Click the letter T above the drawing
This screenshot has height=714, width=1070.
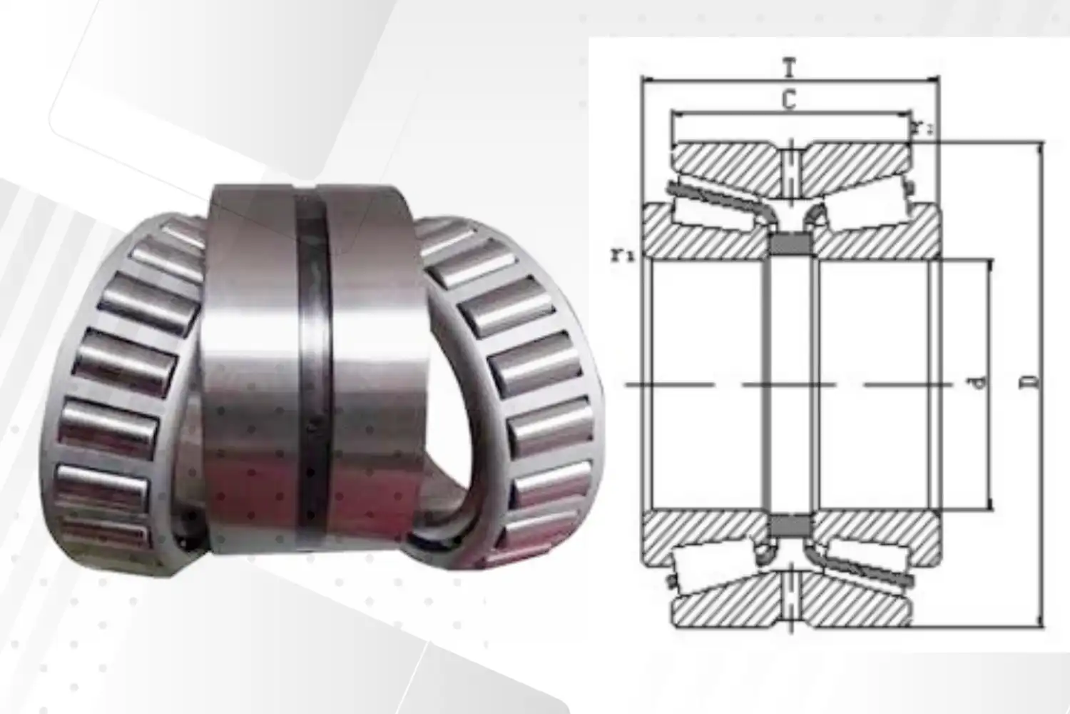[788, 69]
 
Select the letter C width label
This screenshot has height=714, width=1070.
[788, 101]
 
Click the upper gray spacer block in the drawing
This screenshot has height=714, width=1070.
[790, 244]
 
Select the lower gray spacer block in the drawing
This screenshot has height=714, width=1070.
[790, 526]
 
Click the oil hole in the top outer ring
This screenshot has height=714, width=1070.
[790, 171]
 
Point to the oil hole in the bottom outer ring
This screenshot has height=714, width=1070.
[790, 598]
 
